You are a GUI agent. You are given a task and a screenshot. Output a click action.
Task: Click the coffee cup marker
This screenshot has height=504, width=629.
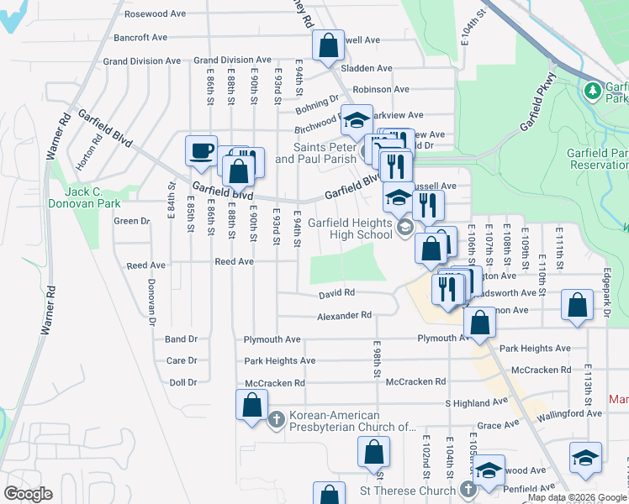[x=202, y=151]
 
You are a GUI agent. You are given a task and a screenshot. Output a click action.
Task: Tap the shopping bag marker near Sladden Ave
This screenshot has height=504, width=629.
[x=329, y=45]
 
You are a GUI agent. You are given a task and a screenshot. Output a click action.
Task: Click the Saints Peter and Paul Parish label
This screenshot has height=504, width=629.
[x=317, y=152]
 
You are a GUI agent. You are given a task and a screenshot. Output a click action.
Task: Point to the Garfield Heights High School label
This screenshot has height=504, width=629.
[x=351, y=228]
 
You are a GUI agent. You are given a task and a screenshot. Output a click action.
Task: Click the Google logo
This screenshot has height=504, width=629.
[x=28, y=493]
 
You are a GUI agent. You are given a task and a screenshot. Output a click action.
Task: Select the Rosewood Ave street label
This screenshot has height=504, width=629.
[x=155, y=14]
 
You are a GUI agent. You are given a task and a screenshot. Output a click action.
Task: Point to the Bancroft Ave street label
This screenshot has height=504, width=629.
[x=140, y=38]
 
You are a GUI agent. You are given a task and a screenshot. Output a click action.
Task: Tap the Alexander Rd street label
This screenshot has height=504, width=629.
[x=344, y=315]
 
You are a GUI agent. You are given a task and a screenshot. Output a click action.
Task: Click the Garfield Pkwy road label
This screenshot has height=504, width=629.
[x=539, y=111]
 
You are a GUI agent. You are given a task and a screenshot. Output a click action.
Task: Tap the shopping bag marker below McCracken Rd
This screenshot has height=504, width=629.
[x=251, y=405]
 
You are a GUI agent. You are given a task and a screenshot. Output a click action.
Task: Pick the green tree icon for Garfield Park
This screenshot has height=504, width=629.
[x=592, y=89]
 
